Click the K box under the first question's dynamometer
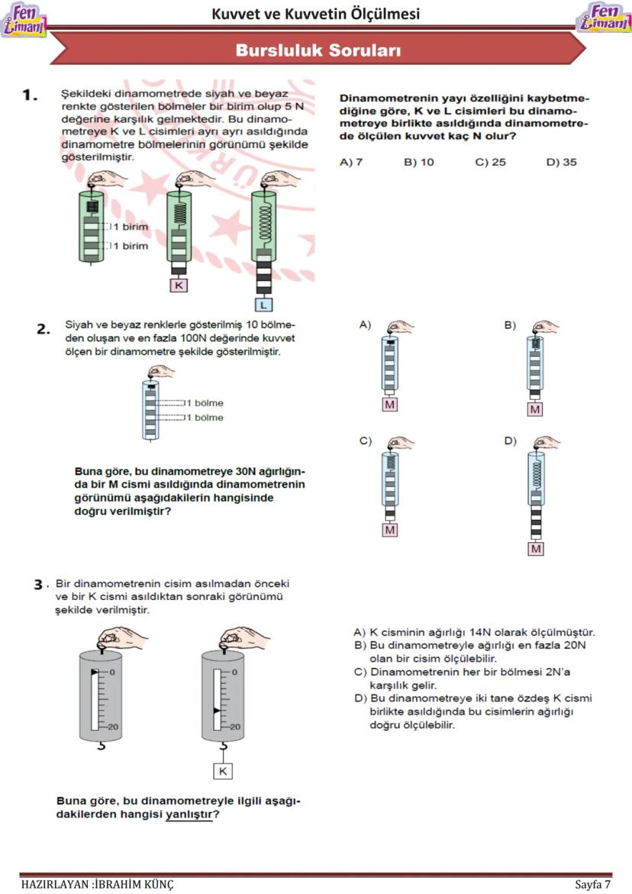click(x=179, y=286)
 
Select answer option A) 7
click(x=351, y=162)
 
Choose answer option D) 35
click(x=561, y=162)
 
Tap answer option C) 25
click(x=490, y=162)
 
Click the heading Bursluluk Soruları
click(x=318, y=50)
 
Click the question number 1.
click(x=30, y=95)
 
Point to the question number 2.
click(x=44, y=330)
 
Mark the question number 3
click(x=38, y=585)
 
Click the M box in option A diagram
click(x=390, y=405)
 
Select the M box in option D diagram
click(x=536, y=548)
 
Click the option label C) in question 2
click(x=365, y=441)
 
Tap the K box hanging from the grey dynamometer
click(x=223, y=771)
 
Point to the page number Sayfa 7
click(x=592, y=884)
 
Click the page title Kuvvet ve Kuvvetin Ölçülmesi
click(x=315, y=14)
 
